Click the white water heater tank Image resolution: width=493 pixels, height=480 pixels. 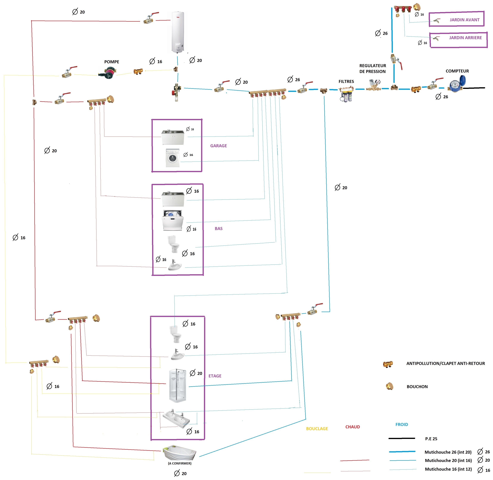tap(178, 32)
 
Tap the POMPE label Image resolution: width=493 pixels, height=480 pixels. tap(112, 62)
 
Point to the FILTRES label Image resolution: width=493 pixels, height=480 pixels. tap(346, 81)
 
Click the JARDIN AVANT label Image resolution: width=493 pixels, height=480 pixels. tap(465, 20)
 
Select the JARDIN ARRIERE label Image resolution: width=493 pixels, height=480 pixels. tap(465, 38)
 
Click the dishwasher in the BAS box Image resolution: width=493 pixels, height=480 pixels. tap(173, 220)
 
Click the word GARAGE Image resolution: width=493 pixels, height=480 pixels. tap(219, 146)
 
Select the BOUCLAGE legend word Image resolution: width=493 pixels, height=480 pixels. tap(317, 429)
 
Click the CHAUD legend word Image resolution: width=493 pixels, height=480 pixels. tap(352, 427)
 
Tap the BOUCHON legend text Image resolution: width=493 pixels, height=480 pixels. tap(417, 387)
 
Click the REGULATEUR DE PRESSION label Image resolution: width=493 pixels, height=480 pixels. tap(373, 69)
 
